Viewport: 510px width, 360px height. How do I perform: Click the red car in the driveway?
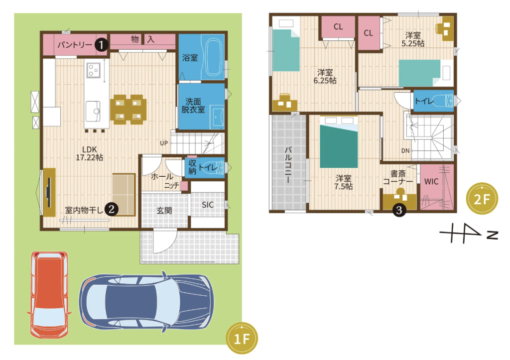coord(49,294)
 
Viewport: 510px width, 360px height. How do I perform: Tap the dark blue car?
coord(146,302)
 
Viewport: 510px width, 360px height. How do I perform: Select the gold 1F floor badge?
coord(242,339)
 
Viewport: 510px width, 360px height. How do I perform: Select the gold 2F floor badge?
coord(482,199)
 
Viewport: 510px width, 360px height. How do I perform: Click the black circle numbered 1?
coord(101,44)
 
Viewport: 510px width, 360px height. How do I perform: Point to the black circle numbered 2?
coord(112,209)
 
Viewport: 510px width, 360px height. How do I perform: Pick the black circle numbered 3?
coord(399,210)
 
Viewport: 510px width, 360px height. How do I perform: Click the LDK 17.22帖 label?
coord(90,153)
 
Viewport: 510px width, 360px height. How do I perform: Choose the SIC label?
coord(208,205)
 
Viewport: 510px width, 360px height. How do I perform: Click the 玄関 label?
coord(164,211)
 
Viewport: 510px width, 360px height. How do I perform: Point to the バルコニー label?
coord(288,164)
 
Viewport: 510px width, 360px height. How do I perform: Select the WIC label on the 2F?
coord(431,181)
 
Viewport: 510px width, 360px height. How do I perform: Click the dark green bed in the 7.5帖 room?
coord(339,142)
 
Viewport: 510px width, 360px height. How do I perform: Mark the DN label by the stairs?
coord(405,150)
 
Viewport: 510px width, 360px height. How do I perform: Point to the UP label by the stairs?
coord(164,143)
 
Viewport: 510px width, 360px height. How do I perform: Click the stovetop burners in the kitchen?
coord(94,70)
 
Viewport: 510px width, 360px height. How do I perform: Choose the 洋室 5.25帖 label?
coord(413,39)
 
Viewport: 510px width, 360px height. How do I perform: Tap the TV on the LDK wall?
coord(48,192)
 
